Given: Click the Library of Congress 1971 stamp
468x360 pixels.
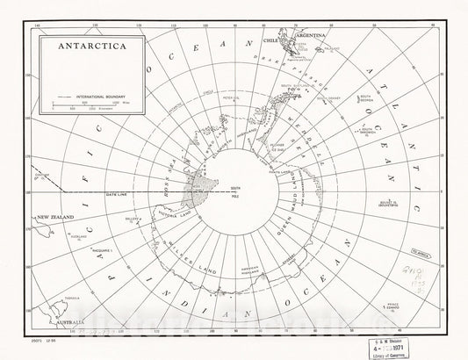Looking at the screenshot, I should [x=421, y=343].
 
